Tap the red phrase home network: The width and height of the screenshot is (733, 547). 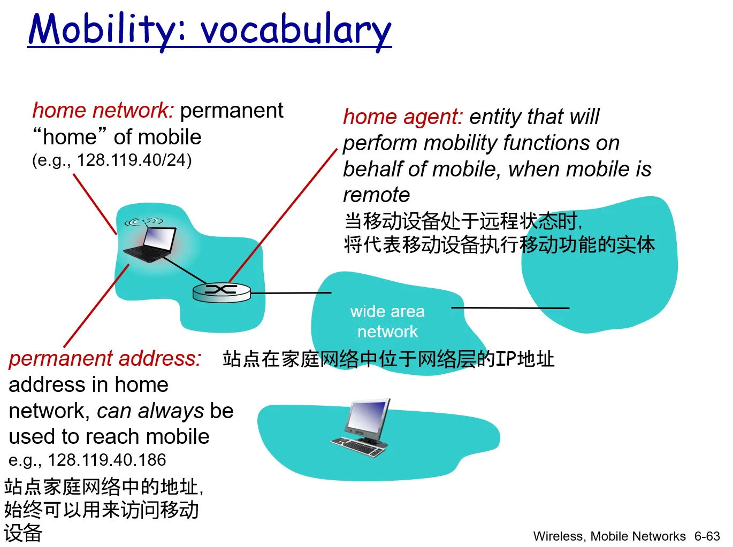click(103, 110)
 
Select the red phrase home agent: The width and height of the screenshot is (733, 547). click(403, 117)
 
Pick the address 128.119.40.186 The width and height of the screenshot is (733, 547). click(107, 460)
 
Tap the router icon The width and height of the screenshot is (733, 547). click(222, 292)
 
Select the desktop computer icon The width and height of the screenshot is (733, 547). click(361, 428)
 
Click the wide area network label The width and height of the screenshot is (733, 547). click(387, 321)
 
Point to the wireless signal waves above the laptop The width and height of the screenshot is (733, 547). click(143, 221)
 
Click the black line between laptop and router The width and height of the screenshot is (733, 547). click(185, 270)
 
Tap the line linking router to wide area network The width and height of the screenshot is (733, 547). click(291, 293)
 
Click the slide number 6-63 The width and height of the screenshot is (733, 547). click(707, 536)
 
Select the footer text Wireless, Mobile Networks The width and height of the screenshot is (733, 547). click(609, 536)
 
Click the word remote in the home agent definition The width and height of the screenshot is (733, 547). click(376, 195)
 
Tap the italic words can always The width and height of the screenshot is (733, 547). click(150, 411)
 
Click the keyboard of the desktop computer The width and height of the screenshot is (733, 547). click(358, 446)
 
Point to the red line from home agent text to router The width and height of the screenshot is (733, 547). click(283, 215)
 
